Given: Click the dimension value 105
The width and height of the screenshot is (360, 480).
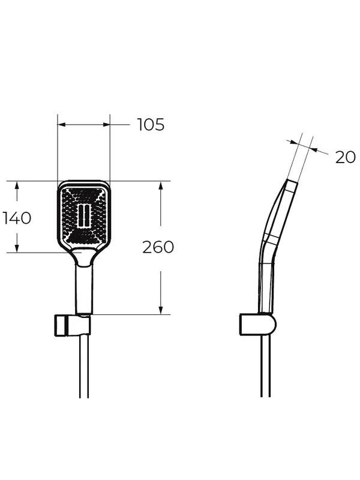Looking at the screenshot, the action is coord(151,125).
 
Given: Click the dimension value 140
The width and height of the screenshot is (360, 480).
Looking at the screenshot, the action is coord(17,218).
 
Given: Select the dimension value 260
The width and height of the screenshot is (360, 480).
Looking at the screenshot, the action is coord(158,247).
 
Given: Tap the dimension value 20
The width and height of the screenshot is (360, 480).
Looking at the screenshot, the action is coord(346,158).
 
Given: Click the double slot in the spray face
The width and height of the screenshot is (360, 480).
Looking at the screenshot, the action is coord(83,215).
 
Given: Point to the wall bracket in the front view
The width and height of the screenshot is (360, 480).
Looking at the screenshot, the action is coord(73,325).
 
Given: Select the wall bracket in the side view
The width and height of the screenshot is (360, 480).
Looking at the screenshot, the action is coord(258,325).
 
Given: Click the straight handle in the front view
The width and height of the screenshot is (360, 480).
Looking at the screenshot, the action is coord(84,290).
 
